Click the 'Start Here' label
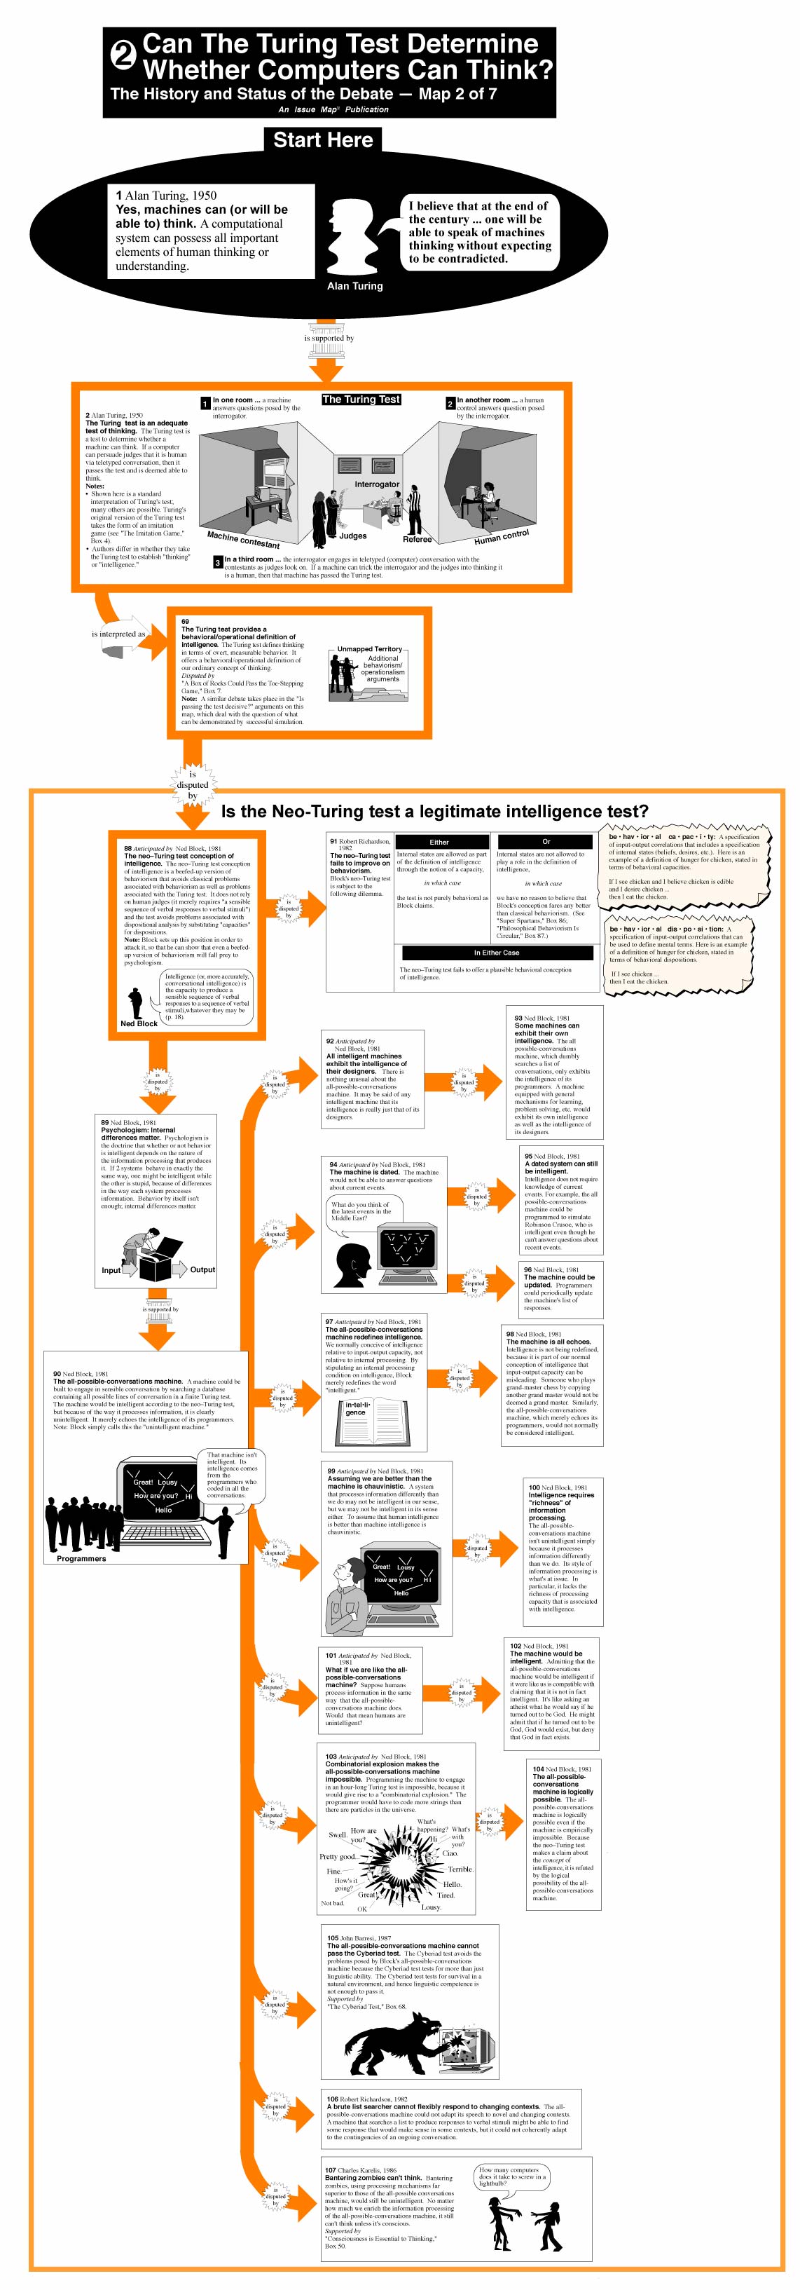tap(323, 139)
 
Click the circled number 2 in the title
tap(123, 56)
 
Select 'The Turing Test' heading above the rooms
tap(361, 399)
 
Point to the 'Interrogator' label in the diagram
tap(377, 484)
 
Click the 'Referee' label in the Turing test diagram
tap(417, 539)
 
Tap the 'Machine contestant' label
tap(242, 539)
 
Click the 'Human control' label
tap(502, 537)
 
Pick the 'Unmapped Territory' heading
tap(369, 649)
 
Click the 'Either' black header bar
tap(439, 841)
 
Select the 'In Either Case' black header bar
tap(496, 952)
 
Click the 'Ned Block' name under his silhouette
tap(139, 1023)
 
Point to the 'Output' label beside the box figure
tap(202, 1269)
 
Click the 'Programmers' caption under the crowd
tap(81, 1558)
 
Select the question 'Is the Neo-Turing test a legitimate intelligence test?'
tap(434, 811)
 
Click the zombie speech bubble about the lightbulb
tap(512, 2175)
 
